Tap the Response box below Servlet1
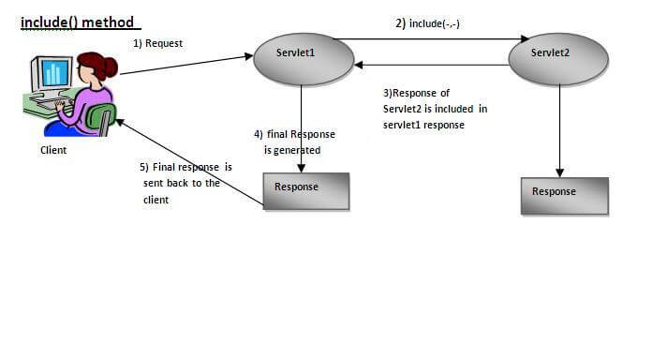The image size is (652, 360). click(x=305, y=189)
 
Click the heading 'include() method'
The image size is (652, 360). click(x=77, y=22)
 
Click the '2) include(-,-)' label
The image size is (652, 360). click(x=428, y=22)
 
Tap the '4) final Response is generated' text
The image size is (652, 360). click(x=293, y=142)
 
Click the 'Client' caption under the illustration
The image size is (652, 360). click(x=53, y=149)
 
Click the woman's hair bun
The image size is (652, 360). click(x=111, y=67)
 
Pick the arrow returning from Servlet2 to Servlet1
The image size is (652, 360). click(x=431, y=65)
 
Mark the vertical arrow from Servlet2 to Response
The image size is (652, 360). click(x=559, y=127)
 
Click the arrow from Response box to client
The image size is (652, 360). click(x=187, y=159)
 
